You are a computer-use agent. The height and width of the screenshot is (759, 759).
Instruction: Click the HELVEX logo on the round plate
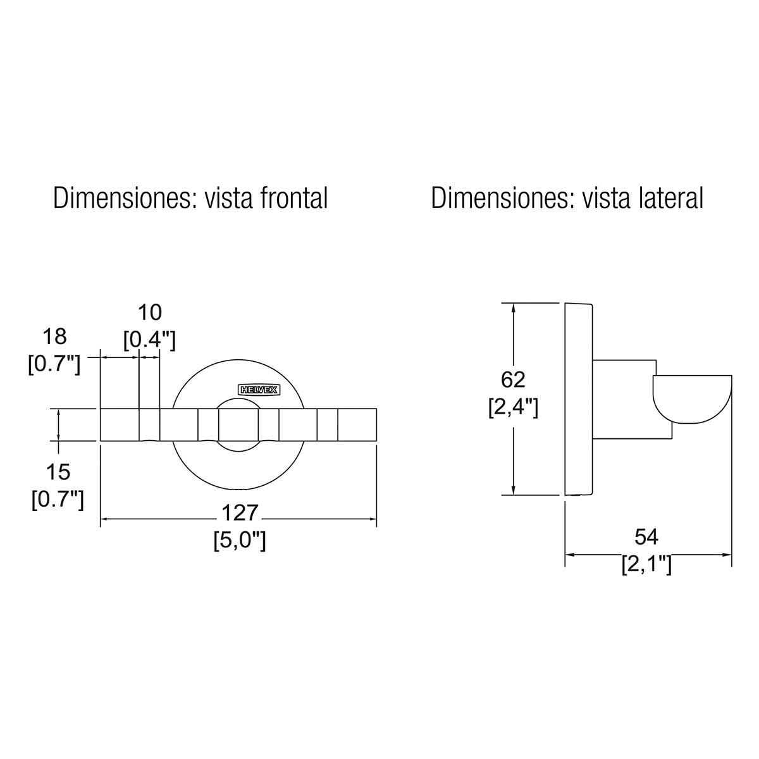(259, 390)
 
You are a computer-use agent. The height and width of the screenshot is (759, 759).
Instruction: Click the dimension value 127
(240, 513)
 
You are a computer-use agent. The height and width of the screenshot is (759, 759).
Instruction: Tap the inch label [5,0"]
(240, 540)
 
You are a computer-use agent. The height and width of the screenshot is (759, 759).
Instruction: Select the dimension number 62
(513, 379)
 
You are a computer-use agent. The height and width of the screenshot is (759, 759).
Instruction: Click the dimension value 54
(646, 537)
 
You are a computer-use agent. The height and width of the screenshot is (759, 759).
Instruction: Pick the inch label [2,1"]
(646, 564)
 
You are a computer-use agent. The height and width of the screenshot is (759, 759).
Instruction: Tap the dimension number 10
(150, 312)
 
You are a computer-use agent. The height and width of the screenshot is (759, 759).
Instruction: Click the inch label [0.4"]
(149, 340)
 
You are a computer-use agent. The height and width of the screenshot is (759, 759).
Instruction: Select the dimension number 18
(54, 336)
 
